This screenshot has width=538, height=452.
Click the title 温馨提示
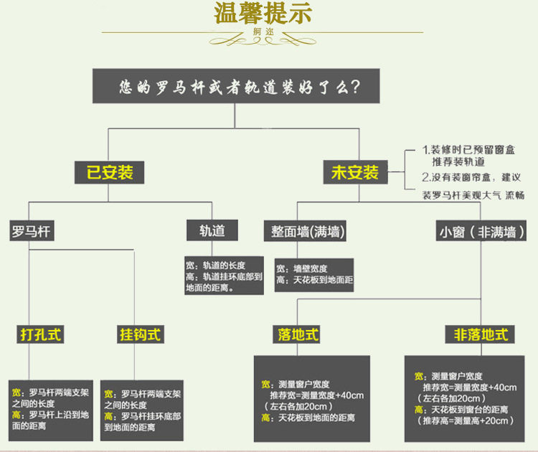tap(263, 14)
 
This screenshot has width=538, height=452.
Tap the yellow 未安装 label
tap(354, 172)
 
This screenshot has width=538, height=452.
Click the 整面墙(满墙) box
tap(307, 231)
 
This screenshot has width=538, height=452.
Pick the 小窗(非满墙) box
tap(481, 232)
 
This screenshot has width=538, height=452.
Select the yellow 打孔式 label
tap(41, 334)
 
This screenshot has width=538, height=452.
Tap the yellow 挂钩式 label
tap(141, 334)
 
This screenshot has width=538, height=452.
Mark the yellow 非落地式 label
tap(481, 334)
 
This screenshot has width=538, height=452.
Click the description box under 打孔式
tap(51, 410)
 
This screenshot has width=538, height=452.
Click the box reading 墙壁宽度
tap(314, 273)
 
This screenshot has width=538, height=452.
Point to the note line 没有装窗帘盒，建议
tap(471, 176)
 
